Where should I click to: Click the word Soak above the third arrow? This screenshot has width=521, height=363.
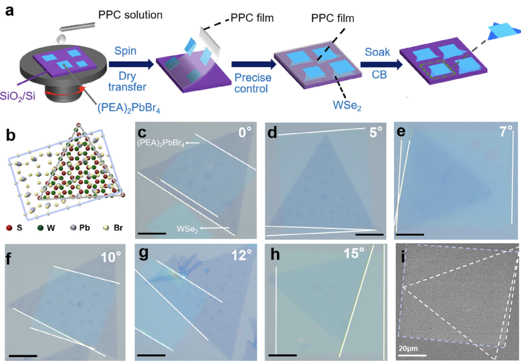coord(378,52)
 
